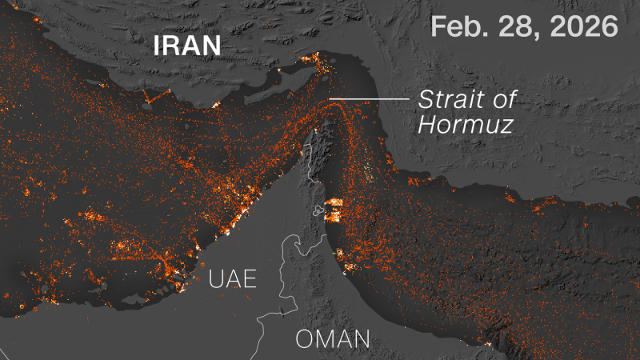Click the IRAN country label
coord(187,46)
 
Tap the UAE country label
coord(232,279)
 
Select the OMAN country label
coord(333,339)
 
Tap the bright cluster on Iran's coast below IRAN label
coord(214,103)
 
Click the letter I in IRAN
coord(158,46)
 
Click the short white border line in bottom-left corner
coord(4,353)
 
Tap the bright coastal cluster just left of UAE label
coord(174,276)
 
